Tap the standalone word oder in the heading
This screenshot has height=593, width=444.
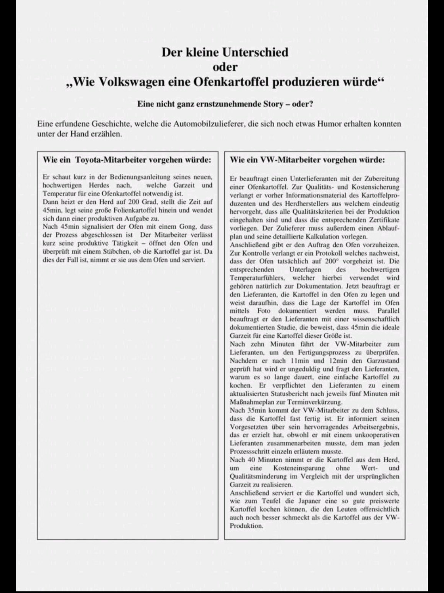[x=225, y=67]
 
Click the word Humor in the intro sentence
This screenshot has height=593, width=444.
[x=329, y=124]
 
